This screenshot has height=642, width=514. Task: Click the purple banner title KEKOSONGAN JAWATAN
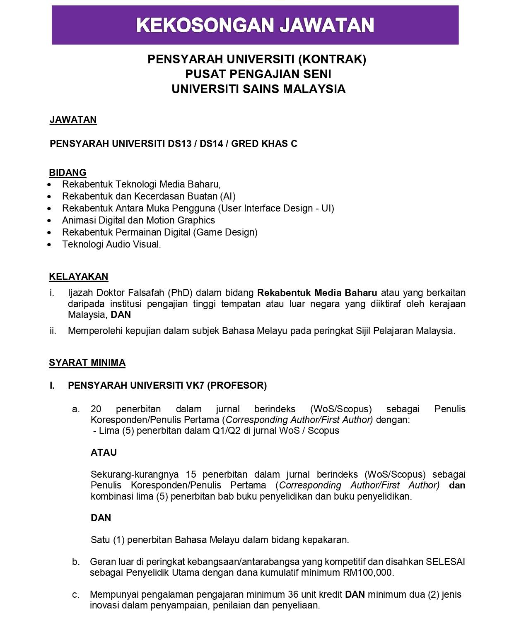pos(255,25)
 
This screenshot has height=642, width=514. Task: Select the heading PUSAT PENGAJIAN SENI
pos(258,74)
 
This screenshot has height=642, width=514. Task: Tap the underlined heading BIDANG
pos(68,173)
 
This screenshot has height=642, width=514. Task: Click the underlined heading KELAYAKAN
pos(78,277)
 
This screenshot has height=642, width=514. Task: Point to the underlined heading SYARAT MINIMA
pos(87,363)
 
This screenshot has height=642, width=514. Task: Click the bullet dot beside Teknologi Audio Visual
pos(50,245)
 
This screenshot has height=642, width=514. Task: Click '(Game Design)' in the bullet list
pos(225,232)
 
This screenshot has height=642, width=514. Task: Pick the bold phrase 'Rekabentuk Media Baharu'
pos(317,293)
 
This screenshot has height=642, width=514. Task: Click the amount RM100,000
pos(368,572)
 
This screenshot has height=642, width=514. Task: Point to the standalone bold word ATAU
pos(104,452)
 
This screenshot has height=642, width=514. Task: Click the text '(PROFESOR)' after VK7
pos(236,385)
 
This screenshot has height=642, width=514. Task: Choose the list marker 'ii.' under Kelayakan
pos(53,331)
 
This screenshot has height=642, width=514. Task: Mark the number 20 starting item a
pos(96,409)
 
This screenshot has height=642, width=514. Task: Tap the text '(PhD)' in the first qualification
pos(180,293)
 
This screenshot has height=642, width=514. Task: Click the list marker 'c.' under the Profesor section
pos(75,595)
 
